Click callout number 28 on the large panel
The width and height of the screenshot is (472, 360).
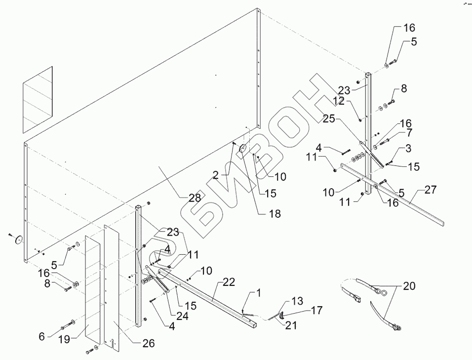[x=194, y=198]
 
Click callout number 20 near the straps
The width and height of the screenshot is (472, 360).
[x=409, y=286]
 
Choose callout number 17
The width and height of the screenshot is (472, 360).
[x=316, y=311]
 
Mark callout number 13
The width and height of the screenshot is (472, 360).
[x=297, y=300]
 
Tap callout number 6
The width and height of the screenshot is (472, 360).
[x=42, y=336]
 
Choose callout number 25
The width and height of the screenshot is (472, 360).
[x=329, y=119]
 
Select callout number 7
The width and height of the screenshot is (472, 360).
[x=409, y=133]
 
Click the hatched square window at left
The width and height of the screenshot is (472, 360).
[x=38, y=99]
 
